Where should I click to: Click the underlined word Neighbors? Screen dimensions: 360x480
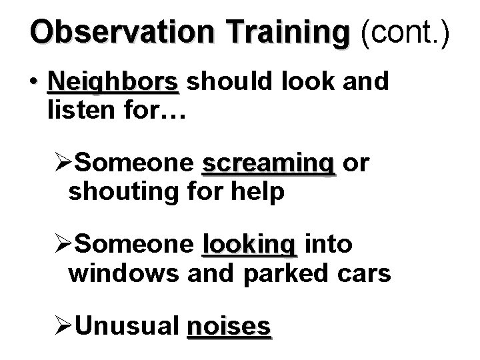[x=113, y=83]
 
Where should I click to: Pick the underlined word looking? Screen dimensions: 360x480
[x=248, y=245]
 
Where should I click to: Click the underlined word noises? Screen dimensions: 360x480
[x=229, y=327]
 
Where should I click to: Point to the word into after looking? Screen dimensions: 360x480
[x=327, y=245]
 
